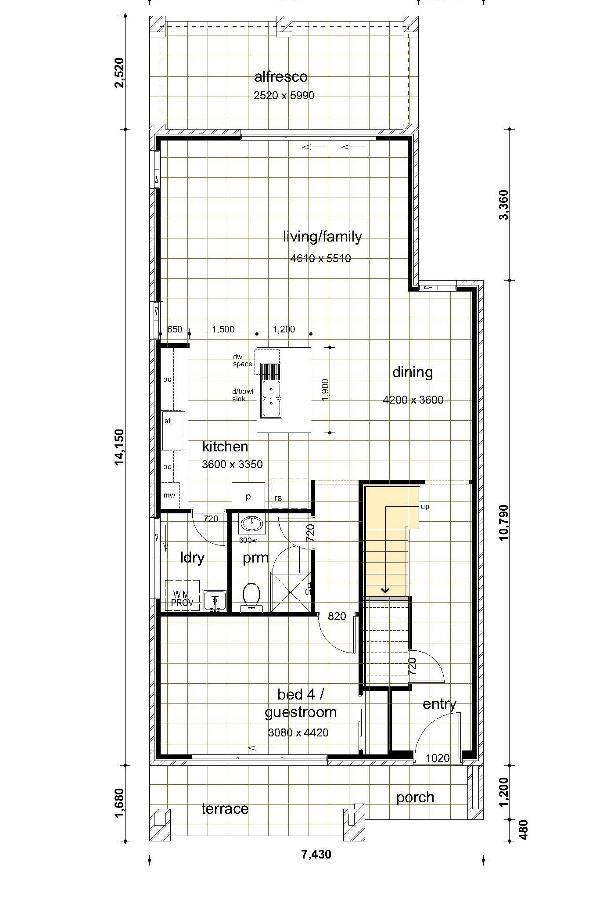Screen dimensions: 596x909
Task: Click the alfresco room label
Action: coord(281,77)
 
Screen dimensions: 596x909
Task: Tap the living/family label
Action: coord(323,237)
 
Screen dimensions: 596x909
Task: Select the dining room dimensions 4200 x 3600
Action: coord(413,400)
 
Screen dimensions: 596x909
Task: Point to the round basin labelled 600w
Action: coord(252,524)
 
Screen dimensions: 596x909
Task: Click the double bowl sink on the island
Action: coord(271,390)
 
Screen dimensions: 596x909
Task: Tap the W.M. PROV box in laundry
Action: coord(182,595)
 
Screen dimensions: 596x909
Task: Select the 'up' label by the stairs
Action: coord(425,507)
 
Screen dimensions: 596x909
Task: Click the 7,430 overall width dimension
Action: coord(316,854)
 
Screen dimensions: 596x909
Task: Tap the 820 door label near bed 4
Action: coord(337,617)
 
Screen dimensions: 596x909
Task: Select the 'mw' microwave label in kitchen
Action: coord(169,495)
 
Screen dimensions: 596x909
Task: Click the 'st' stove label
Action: coord(168,421)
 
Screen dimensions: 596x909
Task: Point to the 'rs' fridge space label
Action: coord(278,498)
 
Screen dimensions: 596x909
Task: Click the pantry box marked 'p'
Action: coord(248,496)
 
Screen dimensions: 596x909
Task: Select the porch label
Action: coord(415,798)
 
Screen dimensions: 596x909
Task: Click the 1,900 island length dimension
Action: coord(325,390)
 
